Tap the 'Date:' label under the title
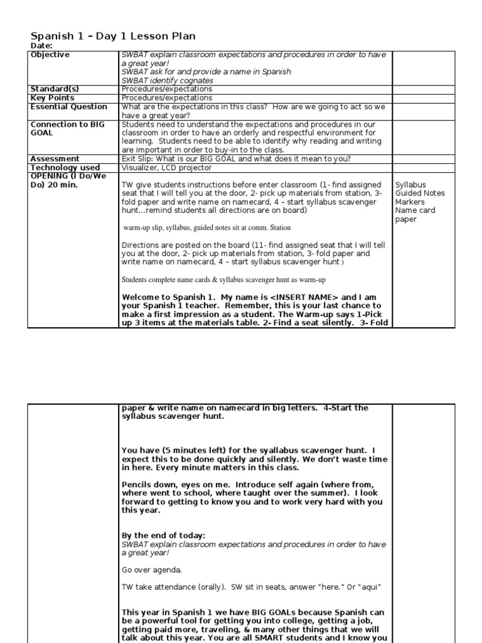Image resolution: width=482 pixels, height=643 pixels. [41, 46]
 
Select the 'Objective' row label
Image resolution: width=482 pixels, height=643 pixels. [50, 55]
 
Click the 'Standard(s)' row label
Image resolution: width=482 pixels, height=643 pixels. [55, 89]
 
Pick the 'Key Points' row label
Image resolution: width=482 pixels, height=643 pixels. [52, 98]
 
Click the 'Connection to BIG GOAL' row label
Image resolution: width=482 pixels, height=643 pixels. [67, 129]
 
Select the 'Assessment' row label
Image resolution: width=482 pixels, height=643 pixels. [55, 159]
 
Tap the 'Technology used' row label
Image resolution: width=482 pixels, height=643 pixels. [65, 168]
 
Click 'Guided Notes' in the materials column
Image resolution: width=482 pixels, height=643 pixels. [420, 193]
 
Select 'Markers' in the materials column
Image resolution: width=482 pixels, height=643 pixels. [410, 202]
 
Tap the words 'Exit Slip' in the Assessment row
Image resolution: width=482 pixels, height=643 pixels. [137, 159]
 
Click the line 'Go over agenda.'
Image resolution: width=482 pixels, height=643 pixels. [151, 570]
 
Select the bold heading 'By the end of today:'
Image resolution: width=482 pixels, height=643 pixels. [163, 536]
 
